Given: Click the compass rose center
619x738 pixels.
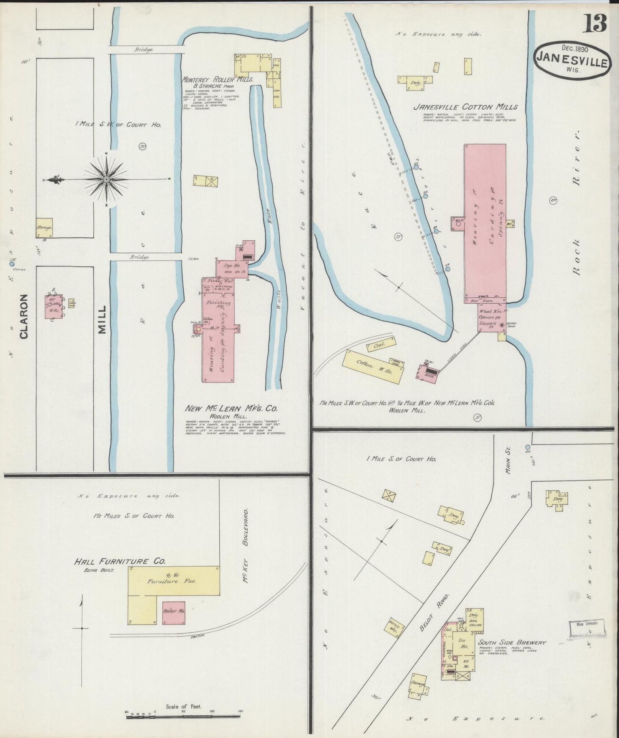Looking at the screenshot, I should pos(106,179).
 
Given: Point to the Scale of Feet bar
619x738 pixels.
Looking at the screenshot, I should pos(184,713).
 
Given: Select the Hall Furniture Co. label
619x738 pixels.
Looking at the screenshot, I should pos(120,561).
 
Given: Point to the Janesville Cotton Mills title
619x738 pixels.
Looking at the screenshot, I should pos(465,107).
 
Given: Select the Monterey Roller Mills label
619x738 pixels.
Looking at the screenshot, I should pos(218,80).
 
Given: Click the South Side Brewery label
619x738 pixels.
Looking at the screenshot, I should pos(512,642).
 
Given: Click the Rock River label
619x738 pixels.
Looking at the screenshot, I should pos(575,202).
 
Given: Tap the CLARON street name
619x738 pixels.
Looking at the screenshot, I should pos(24,316).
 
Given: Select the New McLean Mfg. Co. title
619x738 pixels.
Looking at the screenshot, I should pos(231,408).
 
